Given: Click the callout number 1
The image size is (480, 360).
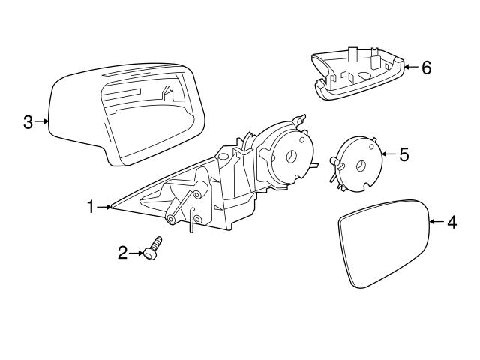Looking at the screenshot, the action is click(91, 207).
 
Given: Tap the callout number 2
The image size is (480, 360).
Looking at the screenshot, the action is click(122, 253).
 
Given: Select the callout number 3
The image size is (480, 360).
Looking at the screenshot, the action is click(28, 121).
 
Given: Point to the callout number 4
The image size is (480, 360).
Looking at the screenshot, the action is click(452, 222).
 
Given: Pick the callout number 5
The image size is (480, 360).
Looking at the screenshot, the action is click(404, 154).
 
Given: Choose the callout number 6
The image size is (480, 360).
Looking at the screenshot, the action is click(427, 67).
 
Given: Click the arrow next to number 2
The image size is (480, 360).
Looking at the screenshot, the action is click(136, 253).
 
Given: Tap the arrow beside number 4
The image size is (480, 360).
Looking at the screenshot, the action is click(437, 222).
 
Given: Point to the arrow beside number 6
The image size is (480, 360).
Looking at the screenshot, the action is click(412, 67).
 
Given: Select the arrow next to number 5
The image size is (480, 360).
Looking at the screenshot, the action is click(389, 154).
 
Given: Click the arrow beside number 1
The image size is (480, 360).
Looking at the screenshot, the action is click(103, 207).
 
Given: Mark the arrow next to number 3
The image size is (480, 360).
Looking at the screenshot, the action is click(42, 121).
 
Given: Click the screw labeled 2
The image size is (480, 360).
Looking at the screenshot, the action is click(153, 248).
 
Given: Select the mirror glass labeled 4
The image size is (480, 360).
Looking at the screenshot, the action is click(384, 244).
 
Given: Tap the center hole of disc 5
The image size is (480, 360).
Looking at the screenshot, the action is click(361, 166).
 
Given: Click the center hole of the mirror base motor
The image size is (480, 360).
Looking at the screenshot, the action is click(291, 156).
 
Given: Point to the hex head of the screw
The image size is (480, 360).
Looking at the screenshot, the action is click(148, 254).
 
